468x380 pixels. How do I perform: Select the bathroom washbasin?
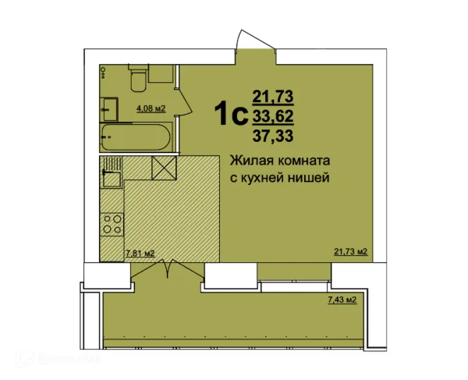pos(109,107)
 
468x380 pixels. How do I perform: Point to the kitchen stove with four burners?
pos(112,225)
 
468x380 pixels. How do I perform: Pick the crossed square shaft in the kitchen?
pos(164,168)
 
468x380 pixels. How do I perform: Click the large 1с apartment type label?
pos(232,115)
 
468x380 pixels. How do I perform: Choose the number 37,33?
pos(272,136)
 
